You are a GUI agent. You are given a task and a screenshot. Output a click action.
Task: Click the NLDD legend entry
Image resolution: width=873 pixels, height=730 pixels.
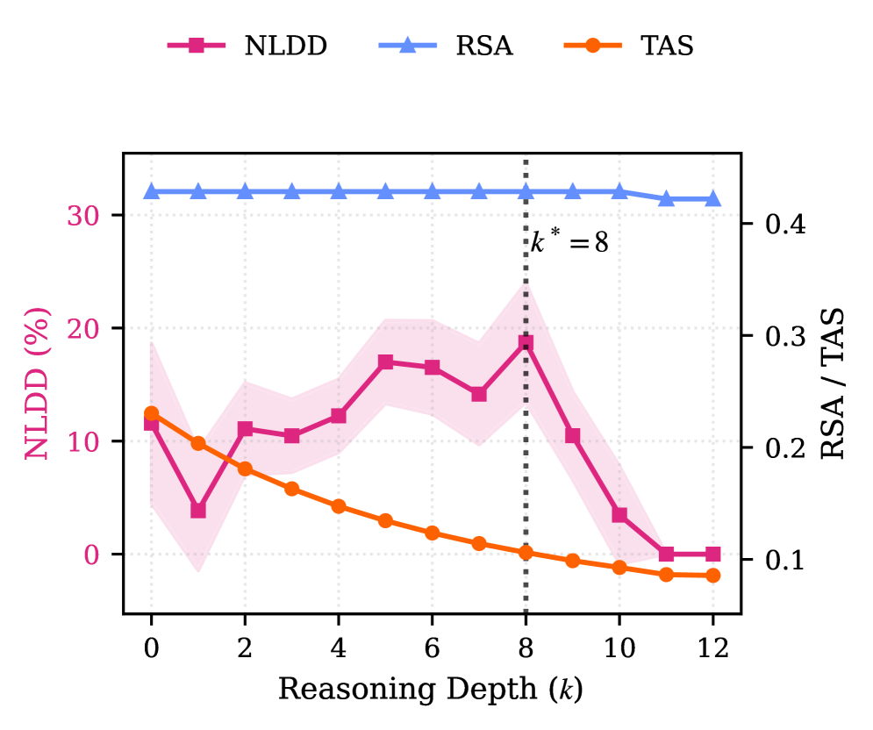[x=248, y=46]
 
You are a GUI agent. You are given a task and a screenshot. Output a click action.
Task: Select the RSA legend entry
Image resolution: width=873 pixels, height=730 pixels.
[x=447, y=46]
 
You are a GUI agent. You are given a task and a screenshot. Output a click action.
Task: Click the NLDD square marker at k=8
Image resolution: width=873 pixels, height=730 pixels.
[x=526, y=343]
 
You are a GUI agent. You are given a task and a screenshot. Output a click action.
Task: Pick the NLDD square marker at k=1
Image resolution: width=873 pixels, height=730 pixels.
[x=198, y=510]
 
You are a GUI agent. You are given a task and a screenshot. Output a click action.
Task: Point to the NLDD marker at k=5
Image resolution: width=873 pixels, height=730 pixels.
[x=385, y=362]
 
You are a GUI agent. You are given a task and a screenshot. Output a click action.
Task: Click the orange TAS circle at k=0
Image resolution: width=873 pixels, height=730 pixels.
[x=151, y=413]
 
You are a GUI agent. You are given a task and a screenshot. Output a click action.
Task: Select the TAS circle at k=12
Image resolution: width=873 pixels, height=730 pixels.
[x=712, y=576]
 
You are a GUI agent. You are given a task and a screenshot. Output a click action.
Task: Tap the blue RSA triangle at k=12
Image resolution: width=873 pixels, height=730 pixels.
[x=712, y=199]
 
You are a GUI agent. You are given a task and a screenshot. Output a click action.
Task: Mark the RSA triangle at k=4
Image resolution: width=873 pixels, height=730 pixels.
[x=339, y=191]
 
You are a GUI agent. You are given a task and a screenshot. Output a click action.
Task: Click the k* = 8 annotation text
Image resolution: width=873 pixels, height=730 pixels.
[x=569, y=242]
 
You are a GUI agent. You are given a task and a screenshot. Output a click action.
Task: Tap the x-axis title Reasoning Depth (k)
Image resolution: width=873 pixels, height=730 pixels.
[x=431, y=690]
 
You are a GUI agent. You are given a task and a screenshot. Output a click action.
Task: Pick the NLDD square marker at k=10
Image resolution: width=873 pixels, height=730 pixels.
[x=619, y=515]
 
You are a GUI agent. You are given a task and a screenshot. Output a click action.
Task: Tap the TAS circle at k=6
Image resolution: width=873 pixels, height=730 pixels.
[x=432, y=533]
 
